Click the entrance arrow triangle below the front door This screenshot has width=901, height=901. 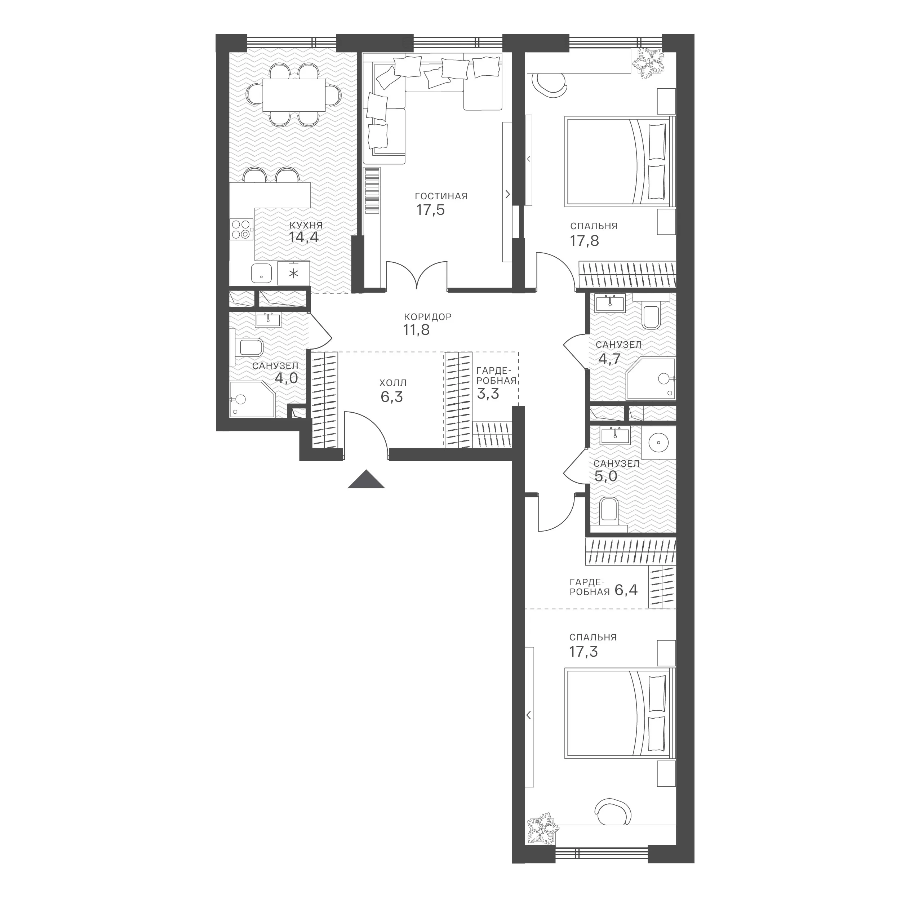366,480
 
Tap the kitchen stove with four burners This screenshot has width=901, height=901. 241,230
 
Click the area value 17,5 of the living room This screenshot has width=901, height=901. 430,210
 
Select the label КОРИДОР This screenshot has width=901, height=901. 428,317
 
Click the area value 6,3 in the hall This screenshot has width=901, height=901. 392,397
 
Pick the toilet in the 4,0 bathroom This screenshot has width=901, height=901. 247,347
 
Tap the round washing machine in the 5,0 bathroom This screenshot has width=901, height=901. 658,441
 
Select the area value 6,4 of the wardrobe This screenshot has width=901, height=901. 626,590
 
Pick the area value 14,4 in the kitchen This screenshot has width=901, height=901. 303,238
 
